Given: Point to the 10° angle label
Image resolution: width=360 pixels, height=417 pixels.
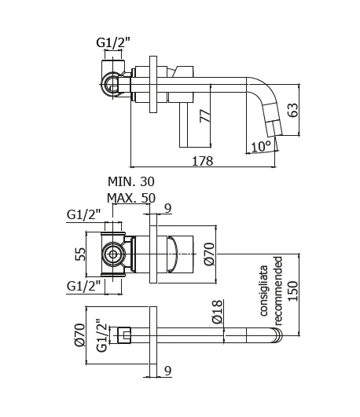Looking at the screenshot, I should [261, 146].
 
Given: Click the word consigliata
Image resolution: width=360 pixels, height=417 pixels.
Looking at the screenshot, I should [263, 290].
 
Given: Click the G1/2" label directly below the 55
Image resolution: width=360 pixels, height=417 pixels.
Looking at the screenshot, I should [85, 284].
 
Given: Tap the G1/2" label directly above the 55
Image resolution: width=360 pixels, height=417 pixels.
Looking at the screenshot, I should [85, 214].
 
